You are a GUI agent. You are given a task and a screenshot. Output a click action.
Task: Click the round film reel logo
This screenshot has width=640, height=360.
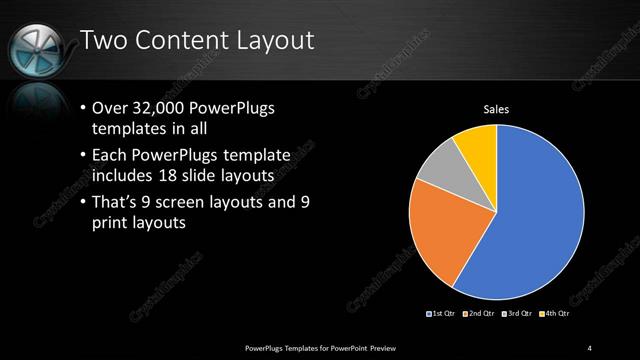click(x=37, y=45)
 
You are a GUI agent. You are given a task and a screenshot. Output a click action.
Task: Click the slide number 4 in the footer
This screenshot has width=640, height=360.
click(x=590, y=347)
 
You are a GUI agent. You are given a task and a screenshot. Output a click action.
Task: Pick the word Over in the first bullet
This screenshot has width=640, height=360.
click(x=109, y=108)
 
